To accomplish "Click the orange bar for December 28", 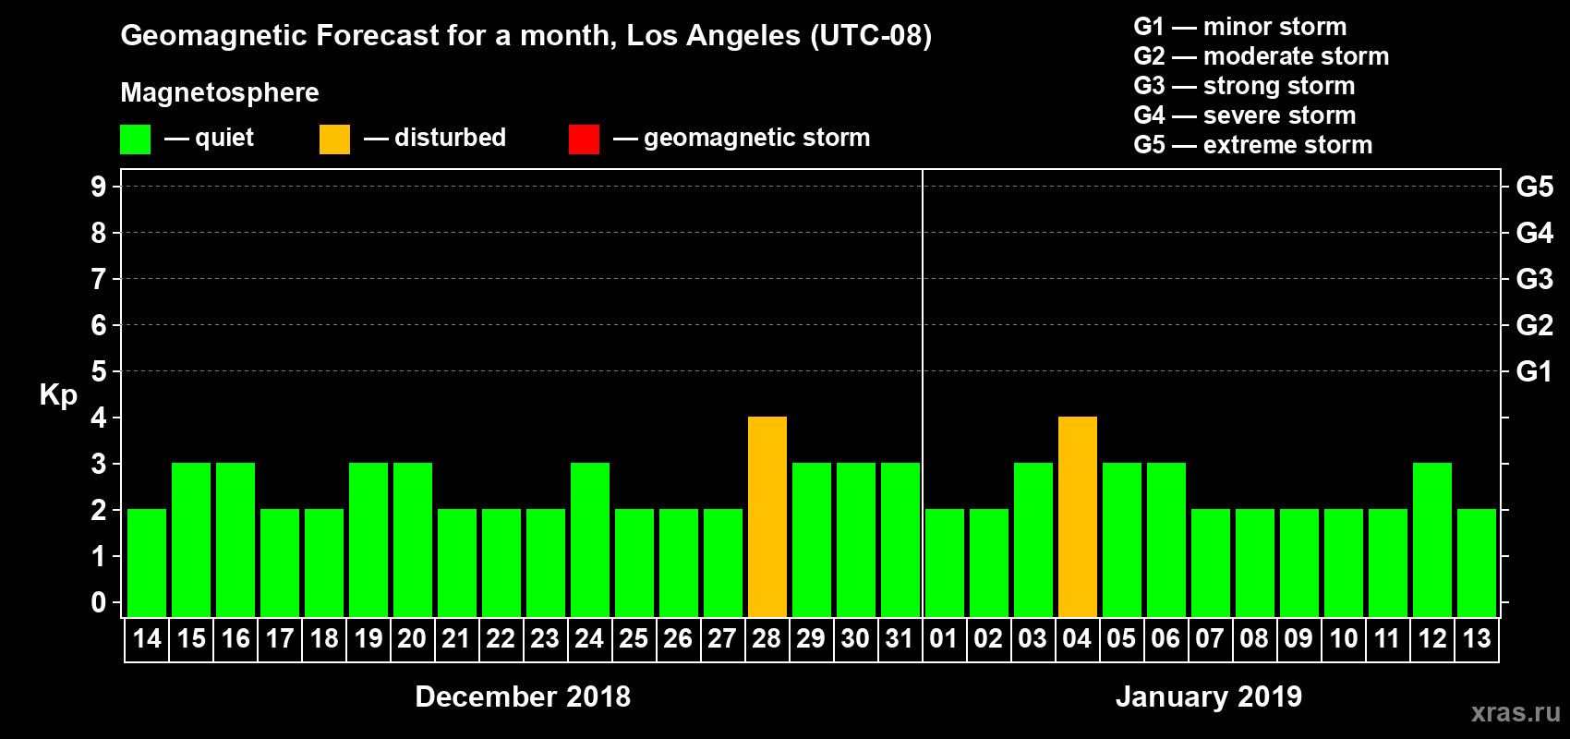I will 767,517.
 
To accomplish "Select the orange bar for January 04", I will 1077,517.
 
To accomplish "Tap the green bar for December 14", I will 147,563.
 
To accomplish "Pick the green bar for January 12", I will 1431,539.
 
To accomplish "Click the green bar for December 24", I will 589,539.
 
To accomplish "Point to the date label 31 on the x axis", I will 900,639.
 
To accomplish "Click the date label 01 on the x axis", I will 944,639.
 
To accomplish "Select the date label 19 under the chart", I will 368,639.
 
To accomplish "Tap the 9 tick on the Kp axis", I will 99,187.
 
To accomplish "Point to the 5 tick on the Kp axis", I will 99,371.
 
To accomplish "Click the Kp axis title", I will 58,395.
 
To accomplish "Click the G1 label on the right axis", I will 1534,371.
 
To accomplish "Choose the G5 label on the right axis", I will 1534,187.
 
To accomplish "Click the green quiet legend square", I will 135,139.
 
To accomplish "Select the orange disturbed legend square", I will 334,139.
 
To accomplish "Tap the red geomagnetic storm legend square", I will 584,139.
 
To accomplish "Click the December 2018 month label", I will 523,697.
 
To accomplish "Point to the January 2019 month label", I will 1209,697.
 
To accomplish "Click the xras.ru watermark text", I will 1516,712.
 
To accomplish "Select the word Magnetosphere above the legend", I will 220,92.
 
